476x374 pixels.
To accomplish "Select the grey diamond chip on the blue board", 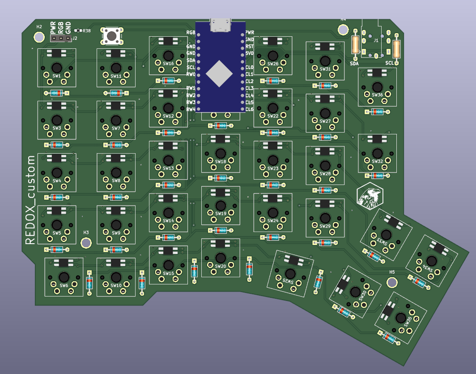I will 220,73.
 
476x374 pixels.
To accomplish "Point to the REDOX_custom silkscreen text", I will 30,200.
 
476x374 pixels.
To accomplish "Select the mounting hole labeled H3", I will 86,243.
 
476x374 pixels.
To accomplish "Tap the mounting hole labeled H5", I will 392,282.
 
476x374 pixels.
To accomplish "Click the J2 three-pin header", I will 61,39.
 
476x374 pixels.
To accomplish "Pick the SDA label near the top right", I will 354,64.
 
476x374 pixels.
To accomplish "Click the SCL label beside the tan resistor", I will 389,64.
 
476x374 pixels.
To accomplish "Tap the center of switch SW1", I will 57,67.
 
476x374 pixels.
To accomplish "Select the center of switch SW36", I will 377,87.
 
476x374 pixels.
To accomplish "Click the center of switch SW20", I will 221,258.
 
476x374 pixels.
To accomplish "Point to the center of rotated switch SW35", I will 401,318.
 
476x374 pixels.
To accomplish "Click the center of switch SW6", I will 64,276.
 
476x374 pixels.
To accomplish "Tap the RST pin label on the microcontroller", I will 250,47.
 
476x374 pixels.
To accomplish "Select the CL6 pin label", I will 250,109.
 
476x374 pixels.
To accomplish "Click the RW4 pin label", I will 191,109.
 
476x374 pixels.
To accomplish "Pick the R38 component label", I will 86,31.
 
